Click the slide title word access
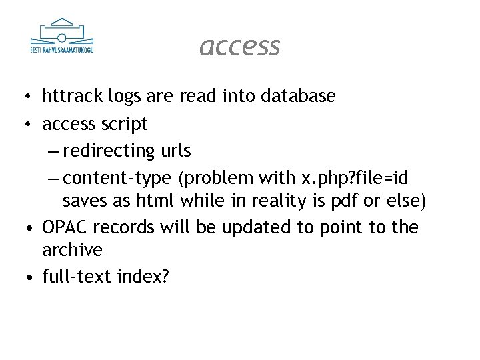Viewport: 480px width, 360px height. coord(240,46)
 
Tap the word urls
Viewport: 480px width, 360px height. coord(175,151)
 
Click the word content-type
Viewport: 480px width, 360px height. coord(118,178)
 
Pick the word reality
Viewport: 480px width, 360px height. coord(286,200)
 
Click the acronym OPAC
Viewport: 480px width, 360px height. coord(65,227)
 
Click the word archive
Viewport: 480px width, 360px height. coord(72,250)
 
